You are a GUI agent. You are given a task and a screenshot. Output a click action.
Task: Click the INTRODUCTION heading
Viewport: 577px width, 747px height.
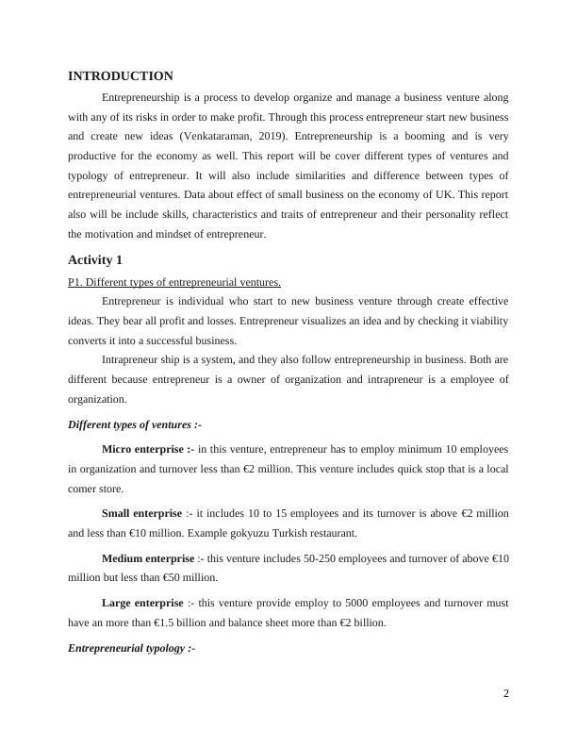pos(121,76)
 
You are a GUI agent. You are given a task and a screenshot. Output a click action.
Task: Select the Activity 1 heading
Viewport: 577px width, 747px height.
pos(95,259)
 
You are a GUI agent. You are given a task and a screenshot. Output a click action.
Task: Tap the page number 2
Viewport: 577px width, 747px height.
pos(506,694)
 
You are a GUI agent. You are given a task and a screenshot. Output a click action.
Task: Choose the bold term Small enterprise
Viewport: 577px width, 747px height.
pos(141,513)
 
